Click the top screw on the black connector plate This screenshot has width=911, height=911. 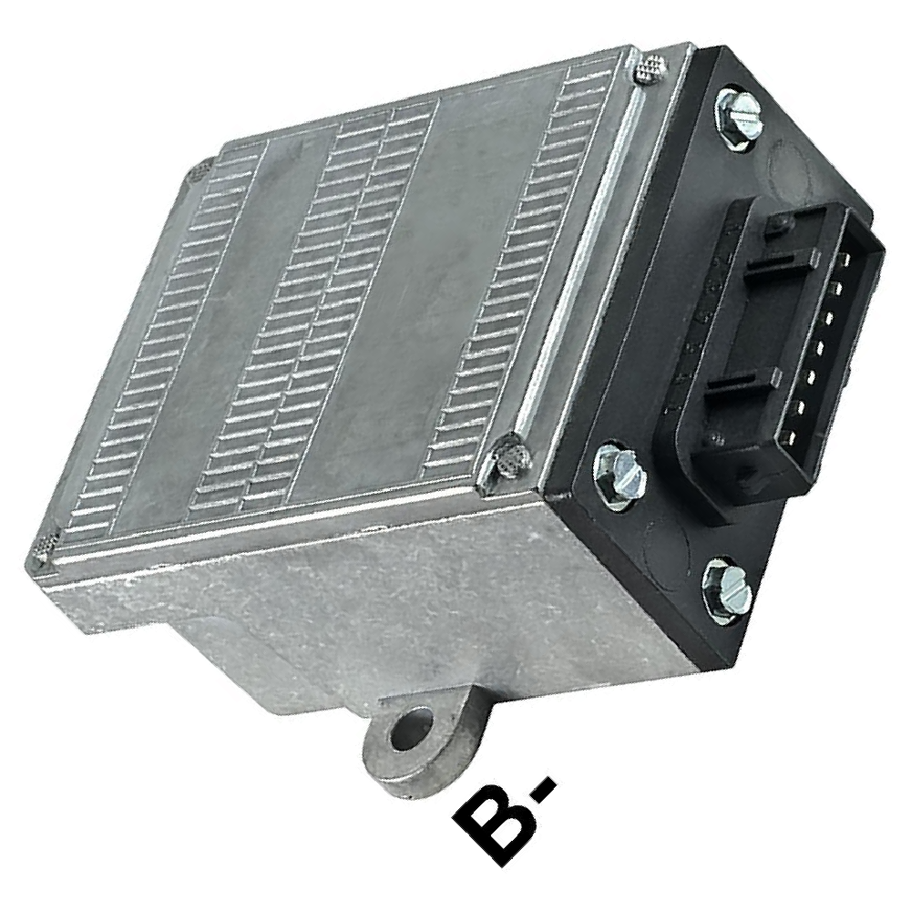click(738, 118)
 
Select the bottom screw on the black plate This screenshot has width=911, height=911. click(729, 591)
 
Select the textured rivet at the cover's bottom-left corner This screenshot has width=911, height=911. click(46, 546)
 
